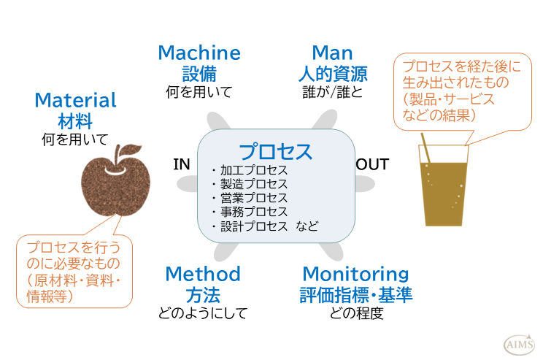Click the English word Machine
(x=199, y=53)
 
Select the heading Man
(x=332, y=53)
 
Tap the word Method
(x=202, y=274)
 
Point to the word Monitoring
(x=355, y=274)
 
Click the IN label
(x=182, y=164)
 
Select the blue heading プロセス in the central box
(x=276, y=152)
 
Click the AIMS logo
(x=519, y=344)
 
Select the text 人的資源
(x=332, y=73)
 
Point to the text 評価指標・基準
(x=355, y=295)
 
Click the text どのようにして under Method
(x=202, y=314)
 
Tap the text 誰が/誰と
(x=332, y=92)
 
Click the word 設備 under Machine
(x=199, y=73)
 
